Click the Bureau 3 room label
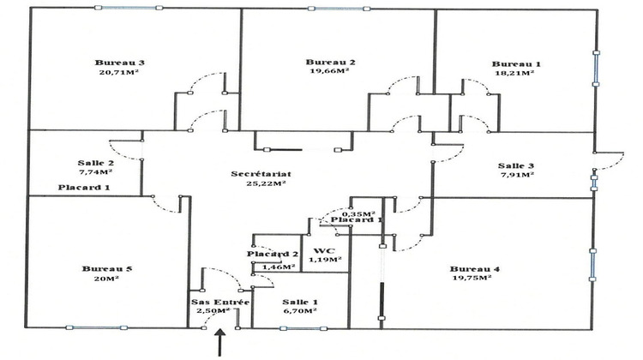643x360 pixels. tap(120, 63)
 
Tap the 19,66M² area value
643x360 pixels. tap(330, 71)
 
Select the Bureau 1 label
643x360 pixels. tap(516, 64)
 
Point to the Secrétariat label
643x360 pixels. tap(261, 174)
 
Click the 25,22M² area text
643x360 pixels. tap(266, 183)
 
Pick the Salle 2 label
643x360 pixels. tap(95, 163)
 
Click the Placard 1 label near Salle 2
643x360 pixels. tap(84, 188)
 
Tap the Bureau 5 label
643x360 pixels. tap(107, 269)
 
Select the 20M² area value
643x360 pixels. tap(106, 279)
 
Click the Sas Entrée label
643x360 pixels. tap(220, 303)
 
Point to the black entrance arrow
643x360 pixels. tap(220, 342)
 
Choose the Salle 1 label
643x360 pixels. tap(300, 303)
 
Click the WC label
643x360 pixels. tap(324, 251)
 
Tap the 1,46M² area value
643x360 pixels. tap(279, 267)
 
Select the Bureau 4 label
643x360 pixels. tap(475, 269)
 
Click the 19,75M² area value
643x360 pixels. tap(472, 278)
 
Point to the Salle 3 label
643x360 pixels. tap(516, 165)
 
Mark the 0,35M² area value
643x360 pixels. tap(359, 214)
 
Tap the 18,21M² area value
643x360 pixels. tap(514, 73)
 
